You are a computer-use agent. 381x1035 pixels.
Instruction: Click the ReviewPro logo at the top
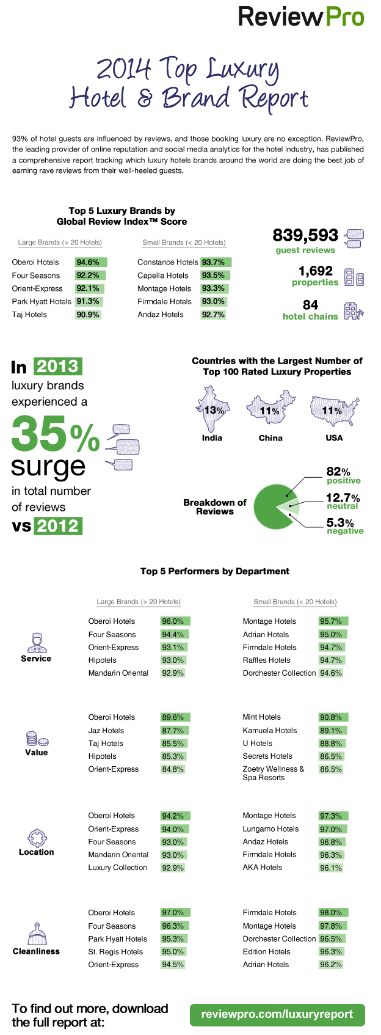coord(301,17)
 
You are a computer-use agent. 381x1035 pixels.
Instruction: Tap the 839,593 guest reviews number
coord(305,235)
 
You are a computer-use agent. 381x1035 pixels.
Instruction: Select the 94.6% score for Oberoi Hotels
coord(89,262)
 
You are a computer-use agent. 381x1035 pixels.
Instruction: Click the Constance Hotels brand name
coord(167,262)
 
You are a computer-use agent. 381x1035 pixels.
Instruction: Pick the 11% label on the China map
coord(270,411)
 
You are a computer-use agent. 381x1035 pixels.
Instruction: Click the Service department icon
coord(36,642)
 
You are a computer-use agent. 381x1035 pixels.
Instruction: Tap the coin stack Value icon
coord(32,739)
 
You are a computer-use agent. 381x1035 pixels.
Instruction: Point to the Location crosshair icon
coord(37,838)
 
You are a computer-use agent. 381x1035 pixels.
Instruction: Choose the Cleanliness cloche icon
coord(37,935)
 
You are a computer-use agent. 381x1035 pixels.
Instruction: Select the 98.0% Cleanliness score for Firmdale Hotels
coord(332,913)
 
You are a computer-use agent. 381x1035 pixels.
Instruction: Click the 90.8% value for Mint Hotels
coord(332,717)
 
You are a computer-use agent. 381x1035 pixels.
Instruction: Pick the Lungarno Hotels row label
coord(270,829)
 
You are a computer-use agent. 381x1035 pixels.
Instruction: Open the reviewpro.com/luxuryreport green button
coord(277,1015)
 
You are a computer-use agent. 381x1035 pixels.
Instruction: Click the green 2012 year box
coord(58,526)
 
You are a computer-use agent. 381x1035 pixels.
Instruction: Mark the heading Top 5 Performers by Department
coord(215,571)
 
